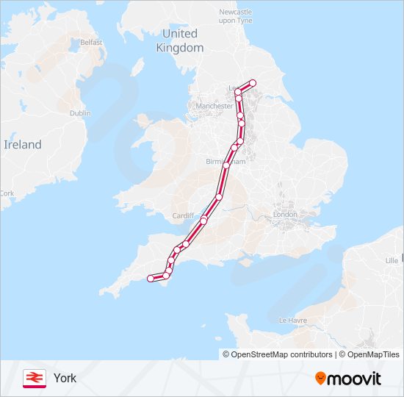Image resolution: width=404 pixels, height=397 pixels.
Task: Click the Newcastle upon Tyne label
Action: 235,16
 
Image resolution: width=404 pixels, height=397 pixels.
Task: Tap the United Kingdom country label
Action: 180,40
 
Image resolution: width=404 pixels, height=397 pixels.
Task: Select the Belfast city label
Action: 91,43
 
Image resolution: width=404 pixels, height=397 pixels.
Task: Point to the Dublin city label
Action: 79,113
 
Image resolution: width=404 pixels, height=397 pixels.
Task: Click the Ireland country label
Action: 23,145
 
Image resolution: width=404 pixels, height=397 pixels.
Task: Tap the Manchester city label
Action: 214,106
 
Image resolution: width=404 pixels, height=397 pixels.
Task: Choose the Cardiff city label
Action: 184,215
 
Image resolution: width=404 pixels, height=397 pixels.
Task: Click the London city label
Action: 285,215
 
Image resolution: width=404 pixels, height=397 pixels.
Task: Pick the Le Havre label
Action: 292,321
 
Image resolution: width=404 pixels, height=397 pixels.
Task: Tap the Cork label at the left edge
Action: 7,193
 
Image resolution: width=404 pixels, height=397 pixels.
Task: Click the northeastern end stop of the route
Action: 253,83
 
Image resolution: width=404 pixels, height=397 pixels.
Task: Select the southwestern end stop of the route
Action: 151,279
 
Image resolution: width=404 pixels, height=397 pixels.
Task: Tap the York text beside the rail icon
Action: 65,378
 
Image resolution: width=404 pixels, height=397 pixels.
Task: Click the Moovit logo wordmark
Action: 355,379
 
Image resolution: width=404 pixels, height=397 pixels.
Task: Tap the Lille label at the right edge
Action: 392,260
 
